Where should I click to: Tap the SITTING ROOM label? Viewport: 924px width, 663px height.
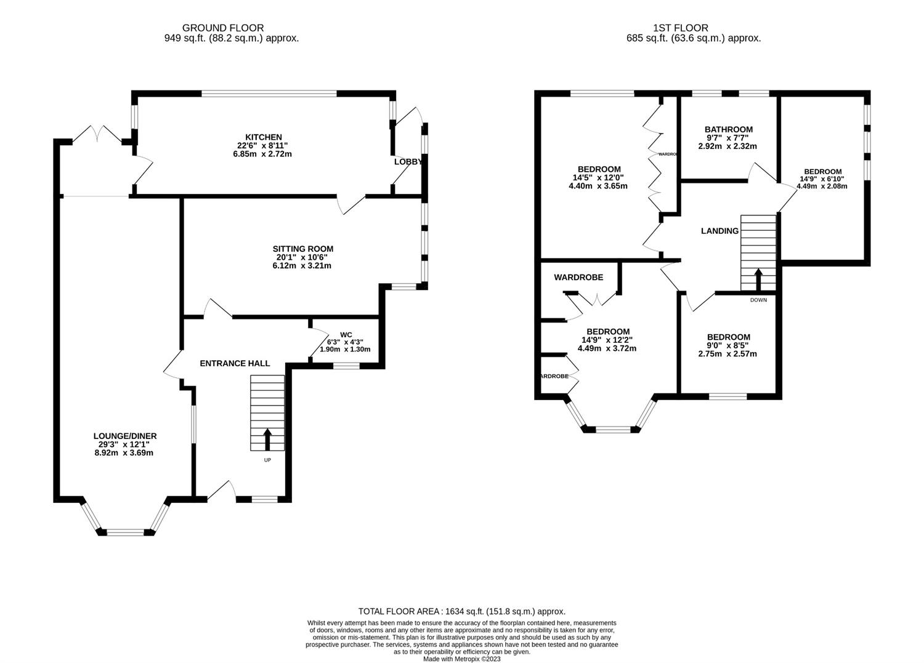(303, 249)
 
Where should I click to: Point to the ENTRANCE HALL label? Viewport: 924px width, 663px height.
(235, 363)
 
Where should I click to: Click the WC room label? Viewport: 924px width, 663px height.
(345, 334)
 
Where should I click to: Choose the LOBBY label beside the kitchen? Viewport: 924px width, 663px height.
(408, 161)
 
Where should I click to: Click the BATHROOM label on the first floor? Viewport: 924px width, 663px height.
(728, 129)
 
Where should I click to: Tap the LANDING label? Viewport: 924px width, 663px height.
(719, 231)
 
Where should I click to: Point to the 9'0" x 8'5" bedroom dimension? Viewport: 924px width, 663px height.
(728, 345)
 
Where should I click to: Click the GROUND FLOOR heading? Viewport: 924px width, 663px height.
(223, 28)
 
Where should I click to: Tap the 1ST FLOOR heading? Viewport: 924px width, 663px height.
(681, 28)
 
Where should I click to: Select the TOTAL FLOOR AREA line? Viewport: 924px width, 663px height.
(462, 611)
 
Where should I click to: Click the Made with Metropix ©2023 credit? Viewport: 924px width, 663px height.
(462, 659)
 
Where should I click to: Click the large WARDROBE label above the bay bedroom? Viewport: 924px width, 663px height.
(578, 277)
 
